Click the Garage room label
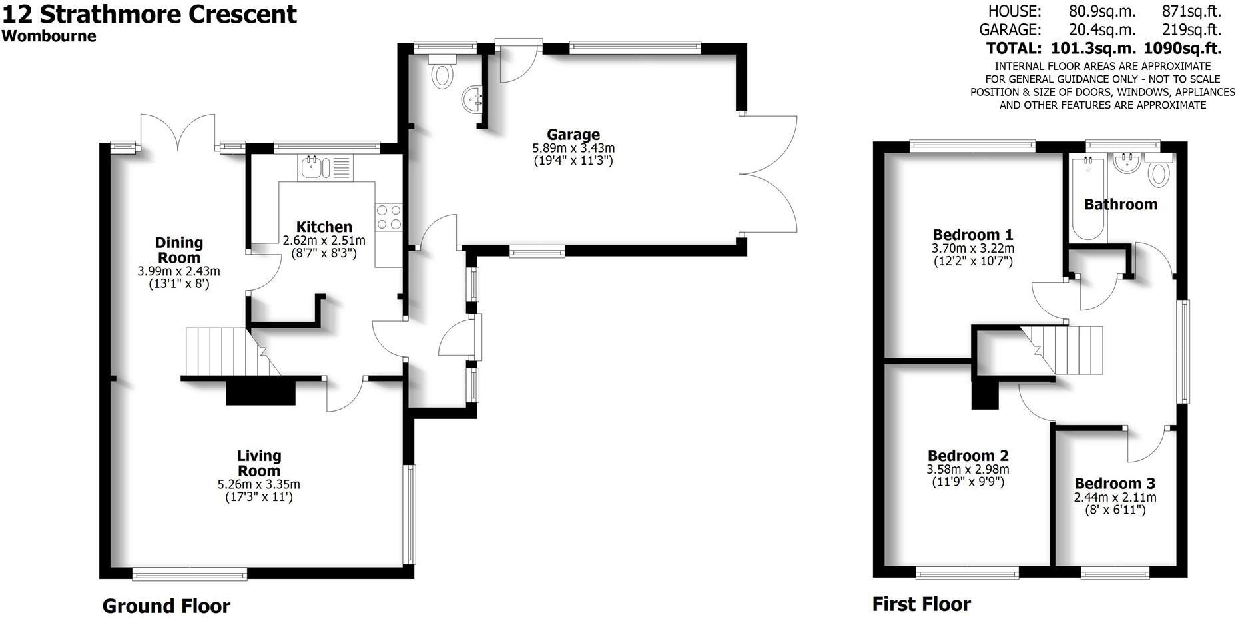(573, 135)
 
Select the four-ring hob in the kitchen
(388, 217)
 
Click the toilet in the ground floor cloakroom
(441, 73)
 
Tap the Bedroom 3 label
(1114, 484)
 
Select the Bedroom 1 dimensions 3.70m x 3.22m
(972, 249)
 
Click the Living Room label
(259, 463)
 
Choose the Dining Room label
(178, 250)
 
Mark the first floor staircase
(1066, 350)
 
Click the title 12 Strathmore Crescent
(149, 14)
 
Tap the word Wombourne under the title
(49, 37)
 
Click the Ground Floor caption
(166, 606)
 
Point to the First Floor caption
(921, 604)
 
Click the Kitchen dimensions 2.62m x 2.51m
(324, 241)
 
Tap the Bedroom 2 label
(968, 456)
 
